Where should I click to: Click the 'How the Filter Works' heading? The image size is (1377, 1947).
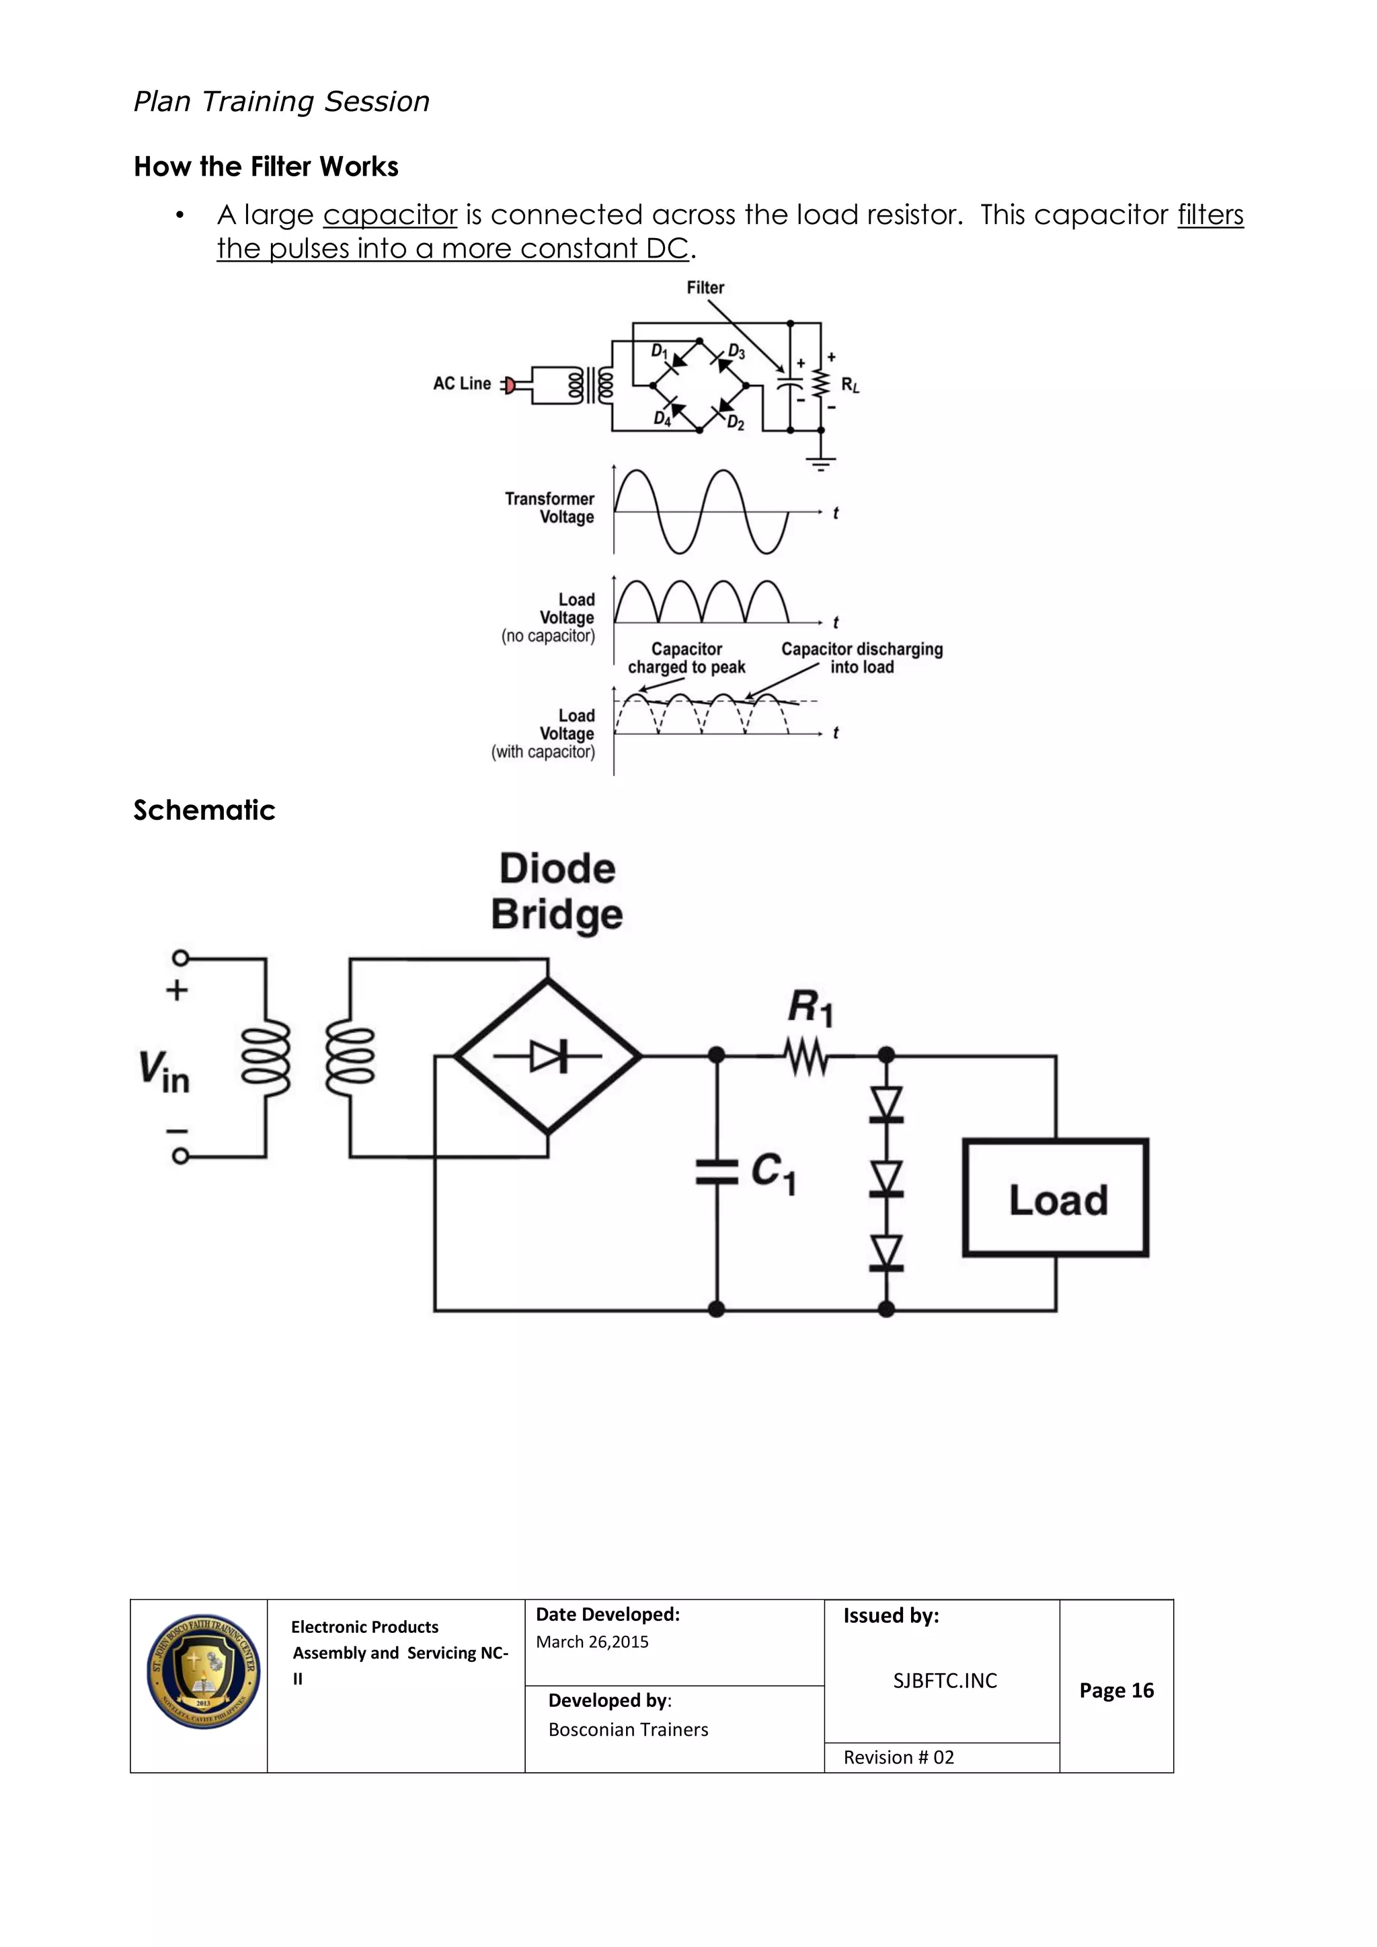(266, 167)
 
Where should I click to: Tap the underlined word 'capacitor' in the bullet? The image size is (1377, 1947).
(390, 215)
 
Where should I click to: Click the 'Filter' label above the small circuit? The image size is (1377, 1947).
(705, 287)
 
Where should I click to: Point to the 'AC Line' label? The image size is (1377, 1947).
(462, 383)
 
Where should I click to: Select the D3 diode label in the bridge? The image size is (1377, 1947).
(736, 351)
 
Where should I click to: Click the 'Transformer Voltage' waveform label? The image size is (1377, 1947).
(550, 508)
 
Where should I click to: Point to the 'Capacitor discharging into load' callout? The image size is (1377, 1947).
(861, 658)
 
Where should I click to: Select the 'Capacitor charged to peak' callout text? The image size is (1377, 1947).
(686, 658)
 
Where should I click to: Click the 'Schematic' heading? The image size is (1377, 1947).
(204, 810)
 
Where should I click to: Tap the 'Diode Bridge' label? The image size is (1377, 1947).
(557, 892)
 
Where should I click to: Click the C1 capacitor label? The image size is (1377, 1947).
(773, 1173)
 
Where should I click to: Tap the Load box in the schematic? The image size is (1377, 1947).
(1056, 1198)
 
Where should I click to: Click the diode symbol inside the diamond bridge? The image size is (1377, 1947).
(549, 1057)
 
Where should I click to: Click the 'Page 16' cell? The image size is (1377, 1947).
(1116, 1691)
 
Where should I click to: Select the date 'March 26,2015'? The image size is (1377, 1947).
(592, 1642)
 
